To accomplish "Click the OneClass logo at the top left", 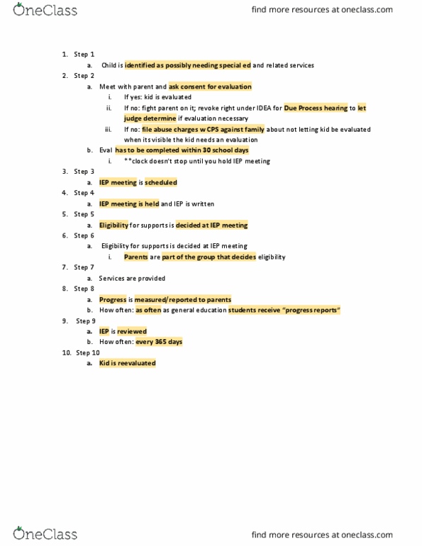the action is tap(45, 10).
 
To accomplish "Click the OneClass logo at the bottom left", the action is tap(45, 533).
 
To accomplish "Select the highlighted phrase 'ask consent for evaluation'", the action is tap(210, 87).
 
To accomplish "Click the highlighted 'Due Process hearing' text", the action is tap(316, 108).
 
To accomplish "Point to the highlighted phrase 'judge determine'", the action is tap(150, 118).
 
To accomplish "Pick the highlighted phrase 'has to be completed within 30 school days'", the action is tap(182, 150).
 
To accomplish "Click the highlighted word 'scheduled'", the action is tap(161, 182).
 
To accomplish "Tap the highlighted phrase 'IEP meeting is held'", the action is tap(128, 204).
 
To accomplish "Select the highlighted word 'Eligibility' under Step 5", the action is tap(113, 225).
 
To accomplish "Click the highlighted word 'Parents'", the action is tap(136, 257).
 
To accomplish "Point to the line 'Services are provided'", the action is tap(132, 278).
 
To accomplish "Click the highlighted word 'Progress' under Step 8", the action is tap(113, 299).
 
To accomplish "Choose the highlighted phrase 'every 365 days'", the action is tap(159, 342).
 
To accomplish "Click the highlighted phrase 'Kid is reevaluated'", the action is tap(127, 363).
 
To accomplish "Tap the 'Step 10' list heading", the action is tap(87, 352).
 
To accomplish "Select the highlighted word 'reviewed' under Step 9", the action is tap(132, 331).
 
